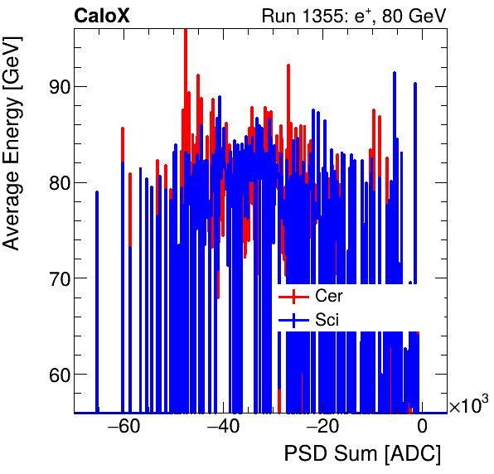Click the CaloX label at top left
(x=101, y=16)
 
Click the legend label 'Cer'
(x=328, y=296)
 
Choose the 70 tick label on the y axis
(x=57, y=278)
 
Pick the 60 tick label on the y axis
(x=57, y=375)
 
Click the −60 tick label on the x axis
(x=123, y=428)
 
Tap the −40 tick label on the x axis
(x=223, y=428)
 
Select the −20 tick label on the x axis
(x=322, y=428)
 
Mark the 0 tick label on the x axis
(x=422, y=428)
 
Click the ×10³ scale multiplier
(x=468, y=405)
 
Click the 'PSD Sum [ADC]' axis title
(x=362, y=454)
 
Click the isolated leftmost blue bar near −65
(x=97, y=302)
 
